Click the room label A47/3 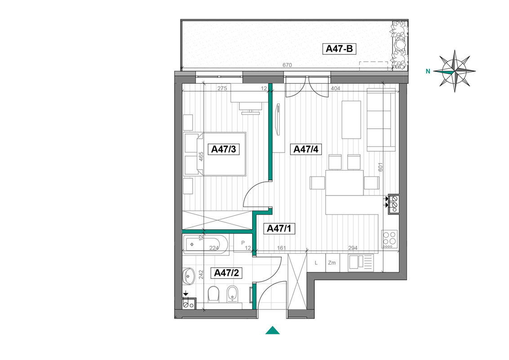pyautogui.click(x=223, y=149)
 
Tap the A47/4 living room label pyautogui.click(x=306, y=149)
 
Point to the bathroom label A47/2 pyautogui.click(x=226, y=273)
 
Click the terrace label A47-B pyautogui.click(x=339, y=49)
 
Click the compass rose pyautogui.click(x=455, y=71)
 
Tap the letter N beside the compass pyautogui.click(x=428, y=71)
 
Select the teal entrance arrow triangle pyautogui.click(x=272, y=330)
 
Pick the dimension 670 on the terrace pyautogui.click(x=287, y=65)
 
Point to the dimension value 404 pyautogui.click(x=335, y=88)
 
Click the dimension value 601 pyautogui.click(x=380, y=167)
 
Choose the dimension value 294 pyautogui.click(x=353, y=248)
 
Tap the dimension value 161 pyautogui.click(x=281, y=248)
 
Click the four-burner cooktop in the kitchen pyautogui.click(x=389, y=239)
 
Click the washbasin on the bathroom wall pyautogui.click(x=188, y=276)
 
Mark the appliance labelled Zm pyautogui.click(x=332, y=263)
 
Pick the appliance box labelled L pyautogui.click(x=316, y=263)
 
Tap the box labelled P pyautogui.click(x=243, y=243)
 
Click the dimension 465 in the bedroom pyautogui.click(x=201, y=157)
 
